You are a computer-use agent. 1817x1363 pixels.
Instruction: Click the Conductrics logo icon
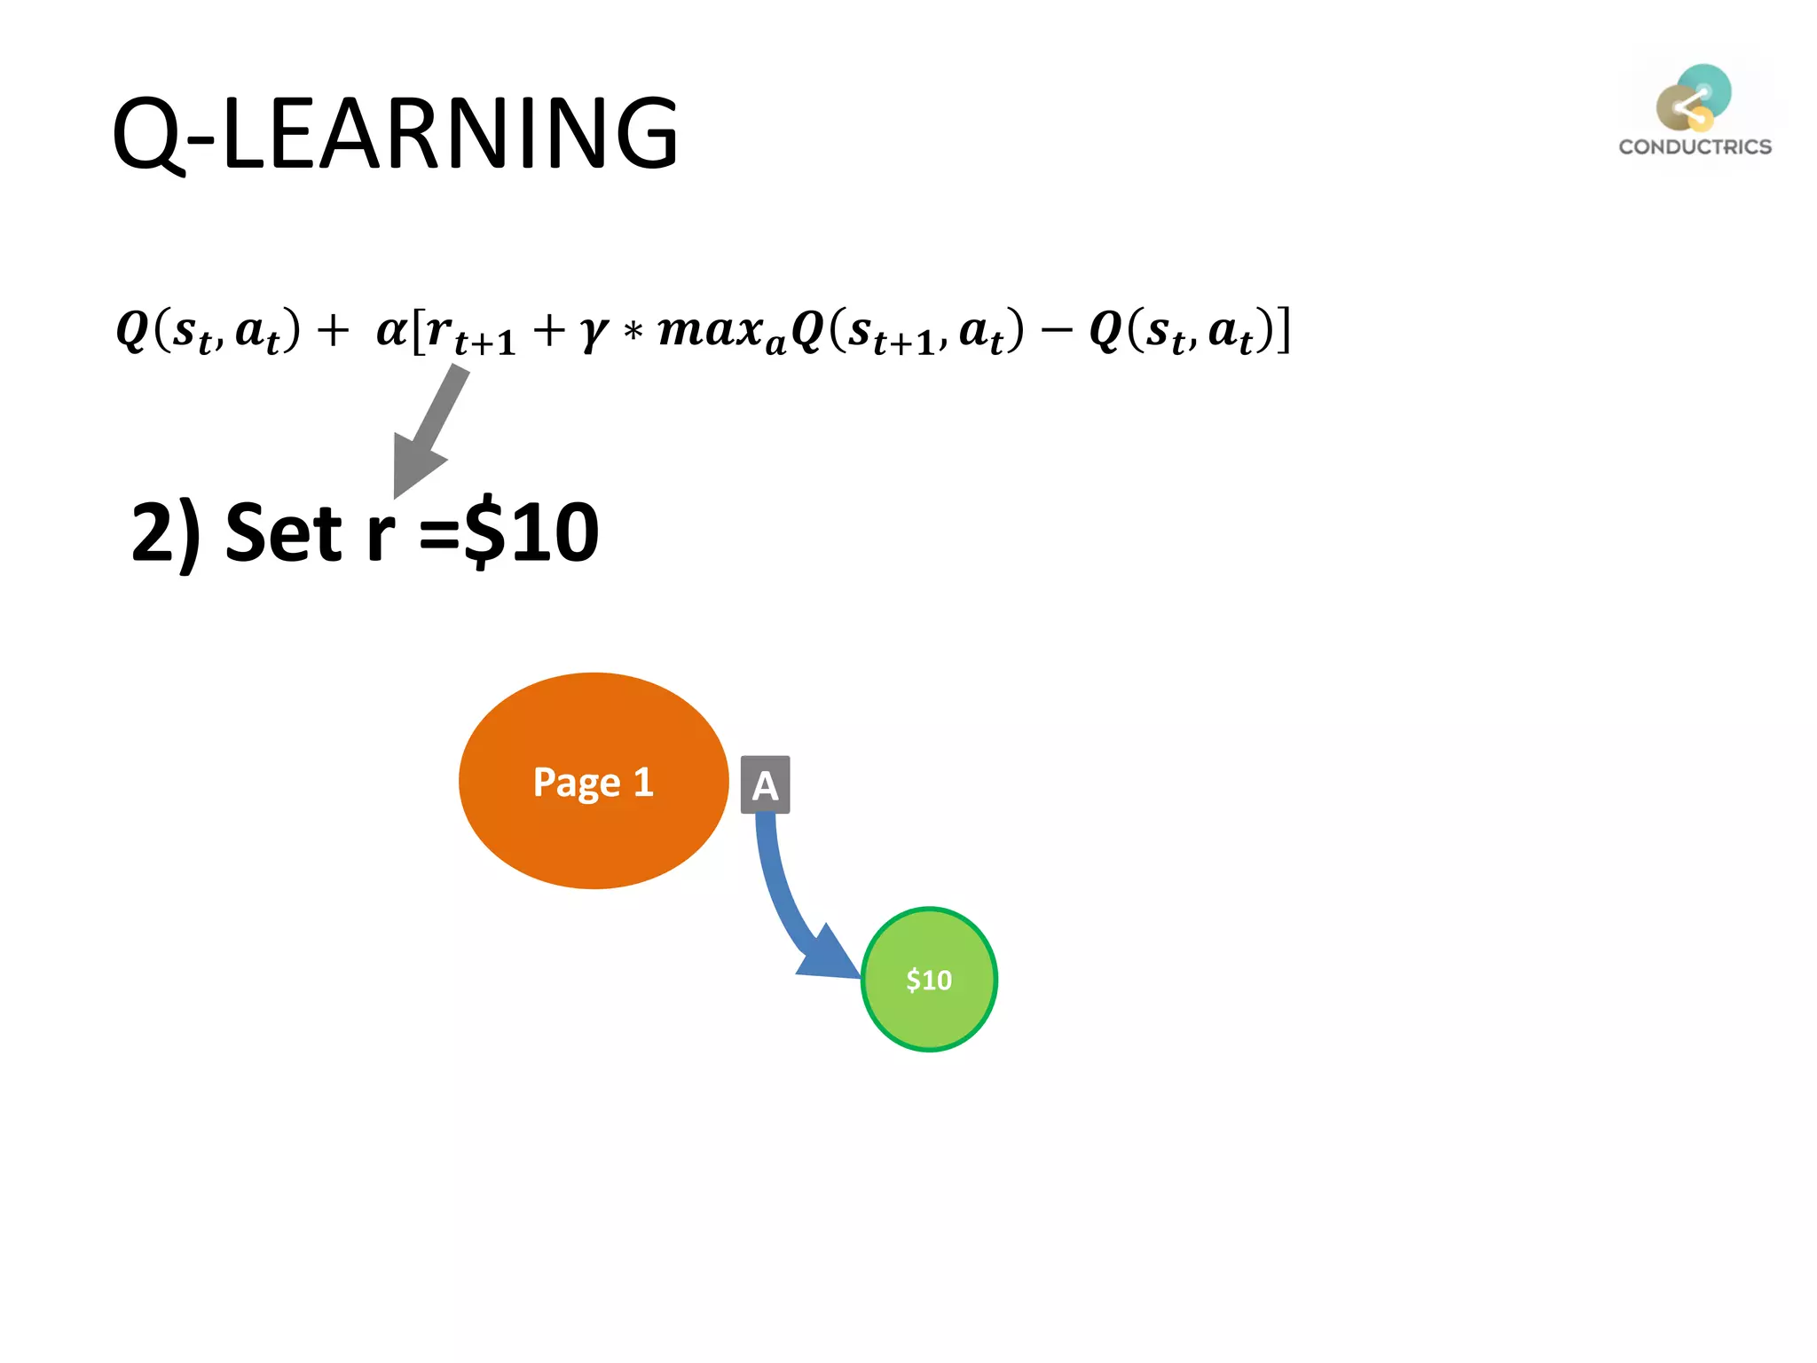pos(1694,98)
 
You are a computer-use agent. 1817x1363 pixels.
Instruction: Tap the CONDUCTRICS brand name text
pos(1695,147)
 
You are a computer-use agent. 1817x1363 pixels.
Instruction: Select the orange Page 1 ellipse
pos(593,781)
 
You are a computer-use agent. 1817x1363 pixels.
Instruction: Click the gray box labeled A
pos(765,785)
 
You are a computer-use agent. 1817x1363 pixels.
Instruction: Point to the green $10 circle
pos(929,980)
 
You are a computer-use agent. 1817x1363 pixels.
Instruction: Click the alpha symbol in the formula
pos(391,330)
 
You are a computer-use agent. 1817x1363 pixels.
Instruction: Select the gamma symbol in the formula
pos(594,332)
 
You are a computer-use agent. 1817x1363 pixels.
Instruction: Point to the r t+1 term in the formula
pos(466,334)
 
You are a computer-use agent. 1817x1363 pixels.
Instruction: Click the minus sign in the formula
pos(1056,331)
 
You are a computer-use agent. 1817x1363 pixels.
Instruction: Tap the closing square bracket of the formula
pos(1283,331)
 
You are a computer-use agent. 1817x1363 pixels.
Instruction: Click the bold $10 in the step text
pos(532,533)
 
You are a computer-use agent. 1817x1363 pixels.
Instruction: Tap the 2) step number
pos(165,533)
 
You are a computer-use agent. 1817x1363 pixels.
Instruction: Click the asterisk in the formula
pos(633,333)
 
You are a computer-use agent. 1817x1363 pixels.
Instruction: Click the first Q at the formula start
pos(133,330)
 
